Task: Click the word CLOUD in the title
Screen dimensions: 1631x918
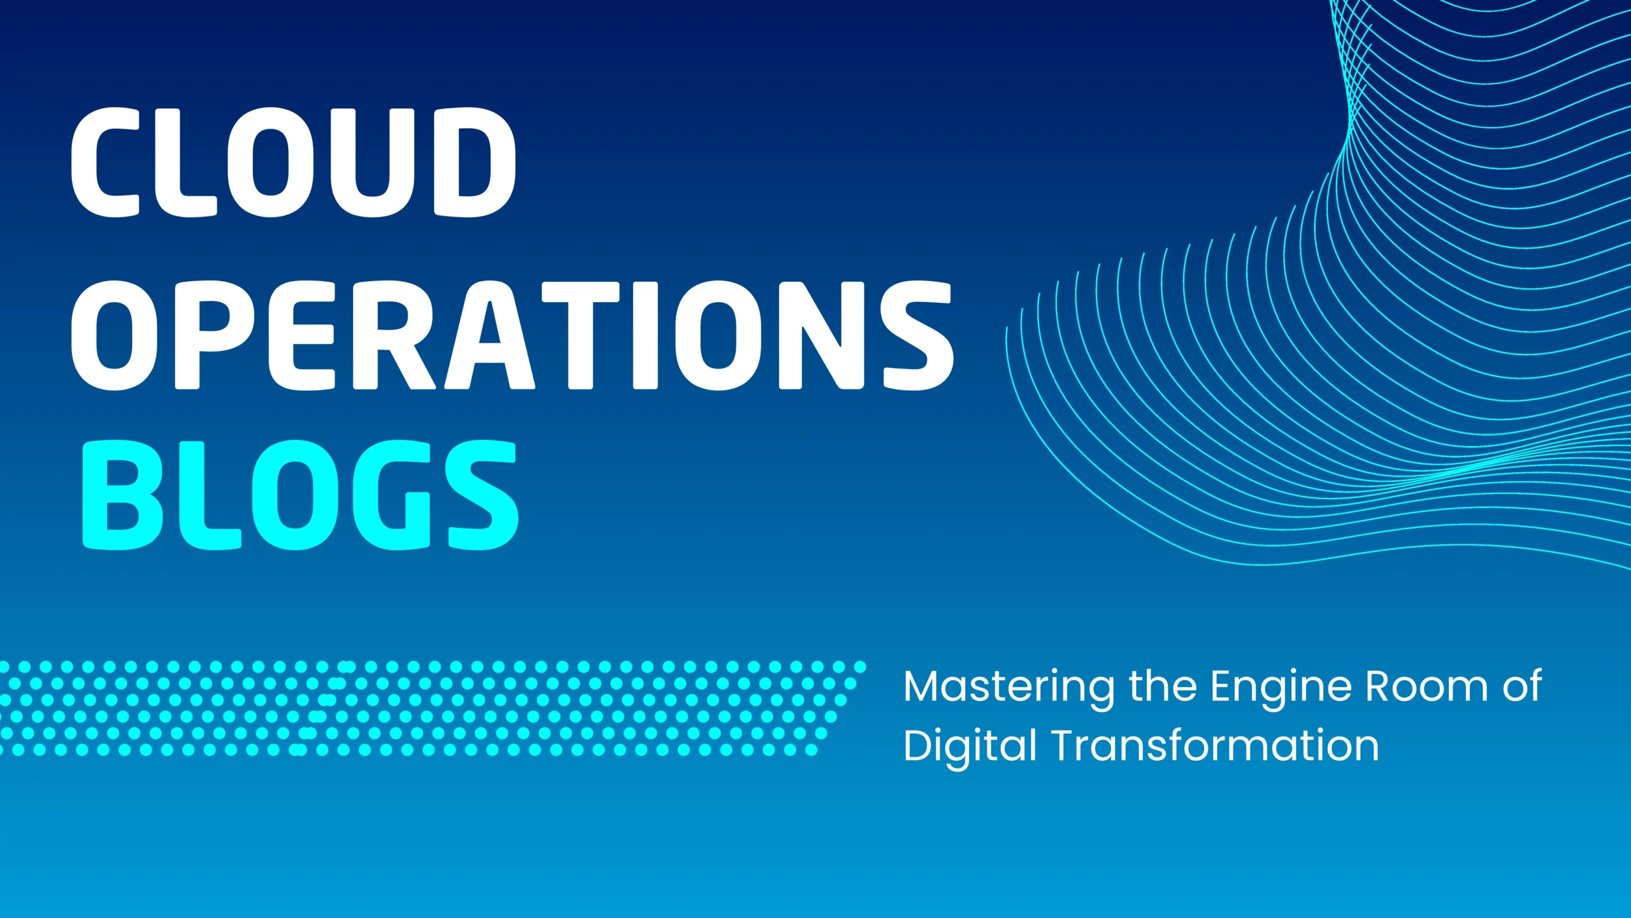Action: (x=293, y=162)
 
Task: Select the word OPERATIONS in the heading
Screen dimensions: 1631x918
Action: (x=512, y=335)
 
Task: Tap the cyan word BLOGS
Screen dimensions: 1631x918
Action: (x=301, y=495)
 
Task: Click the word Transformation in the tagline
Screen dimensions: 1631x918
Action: (x=1215, y=745)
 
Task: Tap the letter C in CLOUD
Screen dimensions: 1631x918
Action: (x=105, y=162)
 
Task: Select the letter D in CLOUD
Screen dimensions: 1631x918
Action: (x=475, y=162)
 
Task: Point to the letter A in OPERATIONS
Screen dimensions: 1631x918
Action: (x=489, y=335)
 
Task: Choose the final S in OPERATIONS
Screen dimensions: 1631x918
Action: (x=918, y=335)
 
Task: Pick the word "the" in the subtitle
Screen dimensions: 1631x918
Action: (x=1163, y=687)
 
